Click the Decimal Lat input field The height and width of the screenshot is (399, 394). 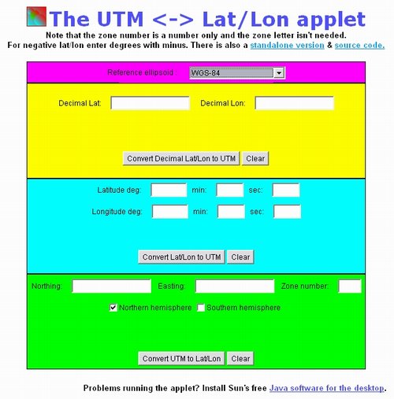tap(150, 103)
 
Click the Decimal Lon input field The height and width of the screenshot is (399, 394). tap(295, 103)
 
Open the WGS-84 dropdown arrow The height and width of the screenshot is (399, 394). tap(279, 72)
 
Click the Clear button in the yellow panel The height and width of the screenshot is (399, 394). tap(255, 158)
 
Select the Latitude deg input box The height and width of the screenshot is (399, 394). tap(169, 190)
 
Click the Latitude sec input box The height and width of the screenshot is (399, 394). tap(286, 190)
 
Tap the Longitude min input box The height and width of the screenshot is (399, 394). tap(231, 212)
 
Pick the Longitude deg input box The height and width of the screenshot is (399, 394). tap(170, 212)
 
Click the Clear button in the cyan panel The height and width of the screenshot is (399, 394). tap(240, 257)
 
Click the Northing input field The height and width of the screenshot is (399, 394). tap(111, 286)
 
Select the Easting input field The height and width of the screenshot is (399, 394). tap(235, 286)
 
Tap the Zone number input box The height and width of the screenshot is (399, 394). tap(350, 286)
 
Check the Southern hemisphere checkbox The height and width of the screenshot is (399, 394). tap(201, 308)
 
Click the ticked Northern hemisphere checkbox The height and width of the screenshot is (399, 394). tap(113, 308)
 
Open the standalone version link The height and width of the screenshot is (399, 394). tap(287, 45)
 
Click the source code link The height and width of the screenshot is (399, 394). tap(359, 45)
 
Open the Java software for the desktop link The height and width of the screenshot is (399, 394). tap(327, 388)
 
